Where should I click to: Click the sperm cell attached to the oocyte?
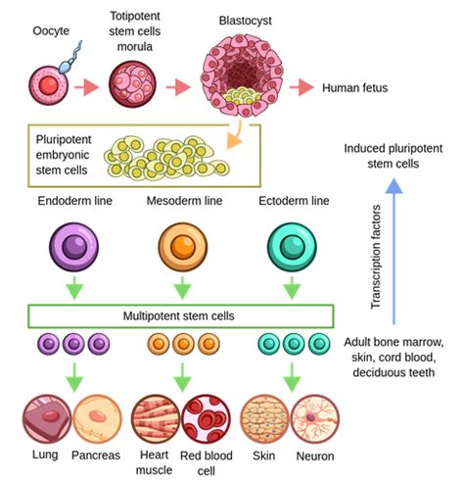point(70,59)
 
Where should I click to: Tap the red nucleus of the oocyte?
point(49,85)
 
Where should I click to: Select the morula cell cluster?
point(132,84)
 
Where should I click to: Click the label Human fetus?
point(355,88)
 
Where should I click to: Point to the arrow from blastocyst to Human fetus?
point(302,87)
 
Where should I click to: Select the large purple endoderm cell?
point(74,247)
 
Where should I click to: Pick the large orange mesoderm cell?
point(183,247)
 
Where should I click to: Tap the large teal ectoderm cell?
point(292,247)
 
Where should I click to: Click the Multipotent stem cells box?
point(181,316)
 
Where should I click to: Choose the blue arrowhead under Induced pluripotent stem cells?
point(394,185)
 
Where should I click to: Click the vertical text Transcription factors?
point(376,257)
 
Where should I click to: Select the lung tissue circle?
point(47,419)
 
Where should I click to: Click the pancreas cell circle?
point(97,419)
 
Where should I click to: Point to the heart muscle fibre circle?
point(156,419)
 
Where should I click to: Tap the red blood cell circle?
point(207,419)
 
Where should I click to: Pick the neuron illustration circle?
point(315,419)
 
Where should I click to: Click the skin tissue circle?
point(264,419)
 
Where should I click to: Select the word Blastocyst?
point(245,21)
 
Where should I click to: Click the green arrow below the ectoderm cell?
point(292,288)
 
